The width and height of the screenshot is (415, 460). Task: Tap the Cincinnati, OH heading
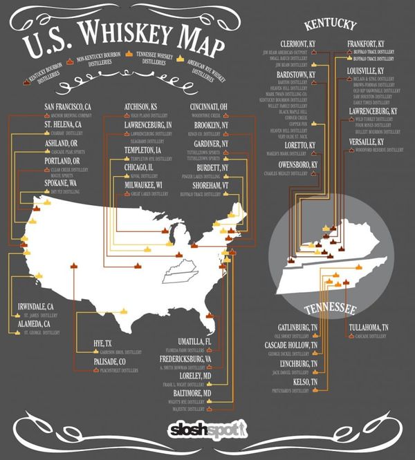(212, 106)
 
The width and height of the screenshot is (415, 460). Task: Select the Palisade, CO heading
(110, 362)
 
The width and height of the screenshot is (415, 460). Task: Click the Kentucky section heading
(330, 26)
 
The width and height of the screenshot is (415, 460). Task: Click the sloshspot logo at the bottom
(207, 430)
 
